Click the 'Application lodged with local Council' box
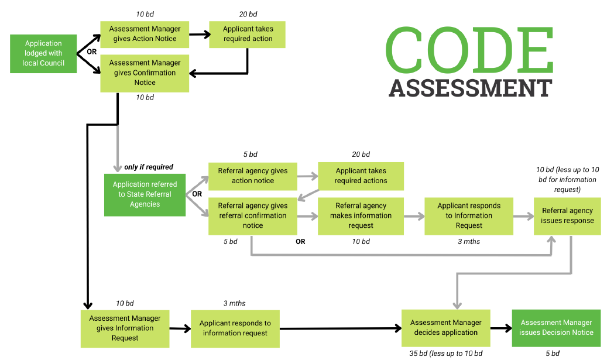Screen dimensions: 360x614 point(43,53)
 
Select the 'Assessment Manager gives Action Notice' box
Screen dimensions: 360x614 point(145,34)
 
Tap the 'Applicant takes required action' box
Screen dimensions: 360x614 point(248,34)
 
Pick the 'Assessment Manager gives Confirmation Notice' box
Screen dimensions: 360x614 point(145,73)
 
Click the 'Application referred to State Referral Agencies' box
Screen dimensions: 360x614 point(145,194)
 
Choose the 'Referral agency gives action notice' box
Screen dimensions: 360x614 point(253,176)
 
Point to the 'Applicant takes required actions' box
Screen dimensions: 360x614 point(361,176)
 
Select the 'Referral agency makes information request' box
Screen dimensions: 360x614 point(361,215)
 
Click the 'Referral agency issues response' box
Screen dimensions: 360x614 point(567,216)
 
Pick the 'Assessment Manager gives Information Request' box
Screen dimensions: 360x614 point(125,328)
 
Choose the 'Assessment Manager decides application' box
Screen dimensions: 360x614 point(445,328)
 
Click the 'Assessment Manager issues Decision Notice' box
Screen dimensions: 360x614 point(557,328)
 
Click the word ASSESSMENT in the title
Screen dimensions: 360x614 point(470,88)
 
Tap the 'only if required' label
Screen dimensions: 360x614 point(149,167)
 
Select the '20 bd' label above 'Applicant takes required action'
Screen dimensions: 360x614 point(248,14)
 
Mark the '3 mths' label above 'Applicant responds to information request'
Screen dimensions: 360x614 point(234,303)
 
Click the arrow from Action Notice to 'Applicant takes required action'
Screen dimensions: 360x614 point(200,35)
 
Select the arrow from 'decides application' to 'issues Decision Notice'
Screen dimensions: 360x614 point(500,328)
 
